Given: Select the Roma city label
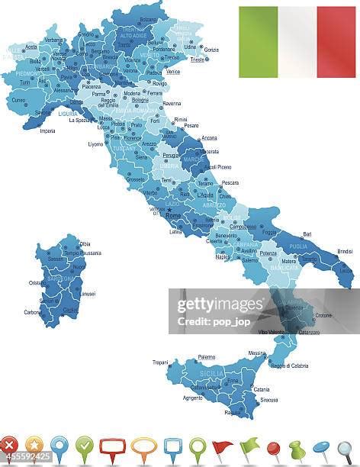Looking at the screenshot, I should pyautogui.click(x=173, y=216).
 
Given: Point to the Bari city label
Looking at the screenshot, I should pyautogui.click(x=307, y=234).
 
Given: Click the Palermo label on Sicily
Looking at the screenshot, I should pyautogui.click(x=206, y=356).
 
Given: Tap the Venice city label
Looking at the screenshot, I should pyautogui.click(x=173, y=72).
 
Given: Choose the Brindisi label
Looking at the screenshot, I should pyautogui.click(x=345, y=251).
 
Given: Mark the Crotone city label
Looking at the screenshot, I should pyautogui.click(x=323, y=315).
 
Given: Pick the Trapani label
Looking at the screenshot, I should pyautogui.click(x=160, y=362).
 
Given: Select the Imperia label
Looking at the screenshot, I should pyautogui.click(x=47, y=130).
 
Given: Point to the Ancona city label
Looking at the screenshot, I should pyautogui.click(x=209, y=138).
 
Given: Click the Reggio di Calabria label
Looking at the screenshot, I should pyautogui.click(x=289, y=366).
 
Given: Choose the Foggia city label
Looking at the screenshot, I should pyautogui.click(x=270, y=232).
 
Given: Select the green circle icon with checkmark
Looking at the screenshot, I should pyautogui.click(x=84, y=446).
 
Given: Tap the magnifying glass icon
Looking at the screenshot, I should pyautogui.click(x=346, y=449).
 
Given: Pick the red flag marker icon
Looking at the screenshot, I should pyautogui.click(x=222, y=447).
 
